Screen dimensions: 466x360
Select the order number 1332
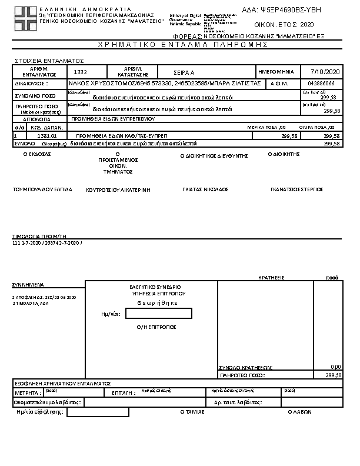pyautogui.click(x=81, y=71)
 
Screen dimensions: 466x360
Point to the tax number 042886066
pyautogui.click(x=321, y=84)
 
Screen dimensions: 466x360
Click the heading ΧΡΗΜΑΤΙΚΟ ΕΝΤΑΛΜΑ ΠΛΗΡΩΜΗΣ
pyautogui.click(x=179, y=45)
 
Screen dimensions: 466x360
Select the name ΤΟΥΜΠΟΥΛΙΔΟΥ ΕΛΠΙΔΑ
pyautogui.click(x=42, y=189)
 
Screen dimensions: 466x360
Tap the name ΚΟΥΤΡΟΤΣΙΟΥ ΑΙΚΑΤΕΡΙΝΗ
pyautogui.click(x=118, y=190)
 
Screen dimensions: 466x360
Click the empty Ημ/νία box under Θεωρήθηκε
pyautogui.click(x=158, y=314)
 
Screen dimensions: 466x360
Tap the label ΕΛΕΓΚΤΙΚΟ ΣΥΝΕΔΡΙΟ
pyautogui.click(x=155, y=287)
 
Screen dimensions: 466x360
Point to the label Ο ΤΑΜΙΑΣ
pyautogui.click(x=192, y=412)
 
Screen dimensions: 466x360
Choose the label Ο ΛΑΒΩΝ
pyautogui.click(x=298, y=412)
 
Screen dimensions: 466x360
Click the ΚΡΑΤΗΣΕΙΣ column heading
pyautogui.click(x=272, y=277)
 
